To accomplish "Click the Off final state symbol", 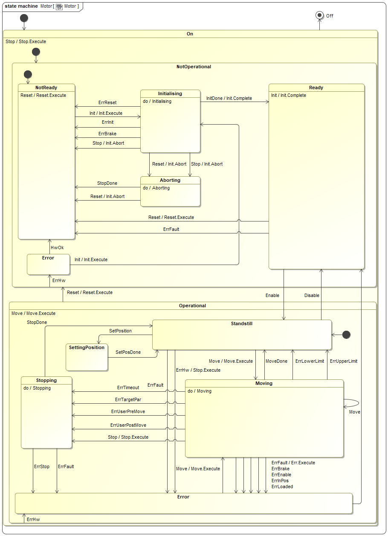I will pyautogui.click(x=319, y=15).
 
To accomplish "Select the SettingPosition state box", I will pyautogui.click(x=87, y=357).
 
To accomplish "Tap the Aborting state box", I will pyautogui.click(x=170, y=192).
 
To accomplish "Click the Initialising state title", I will pyautogui.click(x=170, y=93).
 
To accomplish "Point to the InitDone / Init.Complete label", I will pyautogui.click(x=229, y=98).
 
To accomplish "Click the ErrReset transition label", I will pyautogui.click(x=107, y=103).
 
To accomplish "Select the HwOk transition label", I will pyautogui.click(x=57, y=247).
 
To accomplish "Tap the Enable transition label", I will pyautogui.click(x=272, y=295).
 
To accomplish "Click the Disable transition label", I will pyautogui.click(x=312, y=295).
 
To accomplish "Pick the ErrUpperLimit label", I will pyautogui.click(x=344, y=361).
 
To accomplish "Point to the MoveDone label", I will pyautogui.click(x=276, y=361).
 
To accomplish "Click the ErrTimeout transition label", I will pyautogui.click(x=128, y=387).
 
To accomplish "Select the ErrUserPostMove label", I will pyautogui.click(x=128, y=425).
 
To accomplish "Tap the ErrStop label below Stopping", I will pyautogui.click(x=42, y=466).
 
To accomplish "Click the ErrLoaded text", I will pyautogui.click(x=282, y=486).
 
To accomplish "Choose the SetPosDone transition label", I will pyautogui.click(x=128, y=352).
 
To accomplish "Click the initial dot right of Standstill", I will pyautogui.click(x=346, y=335).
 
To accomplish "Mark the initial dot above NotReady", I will pyautogui.click(x=28, y=74).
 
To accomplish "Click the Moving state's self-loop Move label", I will pyautogui.click(x=355, y=412).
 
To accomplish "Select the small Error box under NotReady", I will pyautogui.click(x=48, y=264).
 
